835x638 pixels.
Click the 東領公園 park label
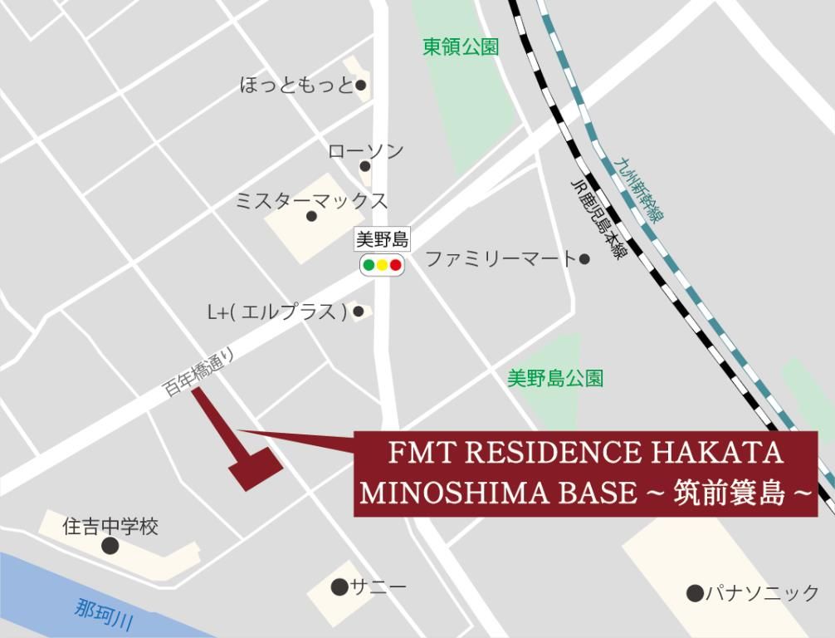tap(461, 47)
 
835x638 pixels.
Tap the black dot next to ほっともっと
tap(361, 85)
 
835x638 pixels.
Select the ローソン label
tap(366, 151)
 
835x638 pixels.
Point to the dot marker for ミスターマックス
tap(311, 216)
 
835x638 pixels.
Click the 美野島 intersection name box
tap(382, 240)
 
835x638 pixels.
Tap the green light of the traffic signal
tap(369, 266)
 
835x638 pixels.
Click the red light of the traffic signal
tap(396, 266)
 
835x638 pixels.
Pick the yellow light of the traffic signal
tap(382, 266)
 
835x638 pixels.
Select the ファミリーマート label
tap(500, 259)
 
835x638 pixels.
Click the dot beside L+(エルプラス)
tap(359, 312)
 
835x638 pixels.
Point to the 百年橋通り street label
tap(199, 372)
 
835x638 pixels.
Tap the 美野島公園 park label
tap(555, 379)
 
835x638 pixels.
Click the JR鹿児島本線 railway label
tap(598, 219)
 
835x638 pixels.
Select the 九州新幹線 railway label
tap(642, 190)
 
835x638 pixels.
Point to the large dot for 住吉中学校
tap(110, 546)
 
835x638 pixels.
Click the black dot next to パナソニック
tap(695, 592)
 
